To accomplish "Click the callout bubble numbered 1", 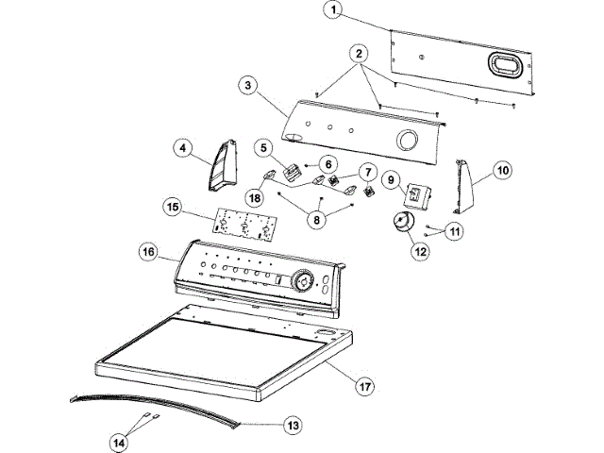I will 331,10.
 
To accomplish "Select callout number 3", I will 247,86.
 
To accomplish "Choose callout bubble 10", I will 502,170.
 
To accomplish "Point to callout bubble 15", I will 173,206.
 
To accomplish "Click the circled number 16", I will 148,252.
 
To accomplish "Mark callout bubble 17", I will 364,384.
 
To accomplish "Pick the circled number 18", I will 255,198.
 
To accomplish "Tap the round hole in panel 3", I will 409,142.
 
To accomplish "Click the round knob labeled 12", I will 403,223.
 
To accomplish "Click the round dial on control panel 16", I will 303,281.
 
